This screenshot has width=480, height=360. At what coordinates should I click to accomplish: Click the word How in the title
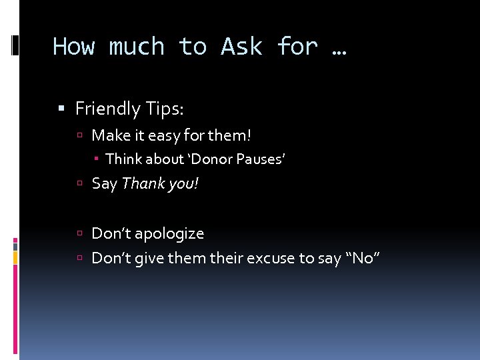click(x=74, y=47)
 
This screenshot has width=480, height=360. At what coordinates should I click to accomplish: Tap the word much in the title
click(x=137, y=47)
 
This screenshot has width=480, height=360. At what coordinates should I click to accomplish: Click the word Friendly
click(x=107, y=108)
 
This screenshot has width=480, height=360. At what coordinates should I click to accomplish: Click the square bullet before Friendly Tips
click(x=61, y=109)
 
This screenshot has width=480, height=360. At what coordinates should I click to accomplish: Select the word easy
click(x=163, y=136)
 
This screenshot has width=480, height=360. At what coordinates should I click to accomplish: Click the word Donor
click(x=211, y=159)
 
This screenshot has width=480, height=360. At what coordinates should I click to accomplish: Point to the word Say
click(x=104, y=183)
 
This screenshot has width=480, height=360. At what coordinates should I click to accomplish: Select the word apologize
click(x=169, y=233)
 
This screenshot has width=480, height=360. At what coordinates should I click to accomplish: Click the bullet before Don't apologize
click(x=79, y=234)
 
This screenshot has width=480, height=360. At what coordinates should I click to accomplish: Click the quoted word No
click(x=363, y=257)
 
